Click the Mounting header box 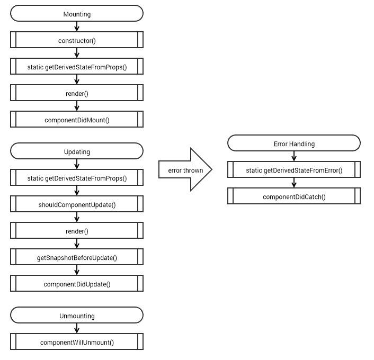77,14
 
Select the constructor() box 77,40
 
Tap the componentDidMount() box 77,119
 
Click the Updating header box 77,151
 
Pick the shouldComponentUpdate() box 77,204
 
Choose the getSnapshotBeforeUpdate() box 77,257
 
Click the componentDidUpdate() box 77,283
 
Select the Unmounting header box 77,315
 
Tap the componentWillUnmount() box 77,341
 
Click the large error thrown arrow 185,169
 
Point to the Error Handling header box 294,143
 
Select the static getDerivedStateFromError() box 294,169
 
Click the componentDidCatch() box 294,196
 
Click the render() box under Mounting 77,93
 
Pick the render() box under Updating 77,230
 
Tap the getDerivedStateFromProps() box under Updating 77,177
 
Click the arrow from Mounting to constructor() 77,26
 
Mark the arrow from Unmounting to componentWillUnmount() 77,328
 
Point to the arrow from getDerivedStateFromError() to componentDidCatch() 294,183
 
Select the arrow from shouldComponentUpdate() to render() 77,217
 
